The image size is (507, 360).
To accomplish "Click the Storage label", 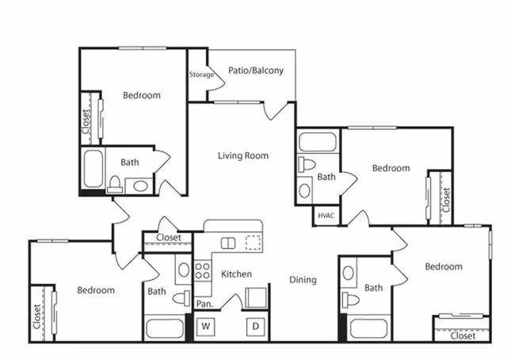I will coord(201,75).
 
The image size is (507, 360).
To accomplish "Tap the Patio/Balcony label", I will coord(255,71).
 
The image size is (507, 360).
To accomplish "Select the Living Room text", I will coord(243,155).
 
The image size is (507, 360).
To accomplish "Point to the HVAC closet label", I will coord(326,215).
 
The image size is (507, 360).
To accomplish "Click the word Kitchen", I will coord(236,274).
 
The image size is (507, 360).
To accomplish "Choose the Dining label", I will coord(303,280).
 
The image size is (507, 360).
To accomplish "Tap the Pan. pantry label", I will coord(204,304).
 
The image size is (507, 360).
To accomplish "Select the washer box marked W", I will coord(205,326).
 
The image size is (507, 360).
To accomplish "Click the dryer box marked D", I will coord(256,326).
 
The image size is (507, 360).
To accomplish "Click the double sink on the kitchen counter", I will coord(228,243).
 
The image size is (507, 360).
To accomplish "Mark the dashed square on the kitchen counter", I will coord(253,243).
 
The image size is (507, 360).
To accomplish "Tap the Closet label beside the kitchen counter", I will coord(168,237).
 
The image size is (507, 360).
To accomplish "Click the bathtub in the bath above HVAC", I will coord(317,144).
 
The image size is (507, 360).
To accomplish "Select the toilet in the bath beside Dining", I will coord(349,300).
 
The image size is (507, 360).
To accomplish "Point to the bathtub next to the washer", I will coord(165,328).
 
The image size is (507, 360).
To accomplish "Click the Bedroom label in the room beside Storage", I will coord(142,95).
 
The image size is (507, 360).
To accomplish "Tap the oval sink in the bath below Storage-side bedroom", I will coord(140,186).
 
